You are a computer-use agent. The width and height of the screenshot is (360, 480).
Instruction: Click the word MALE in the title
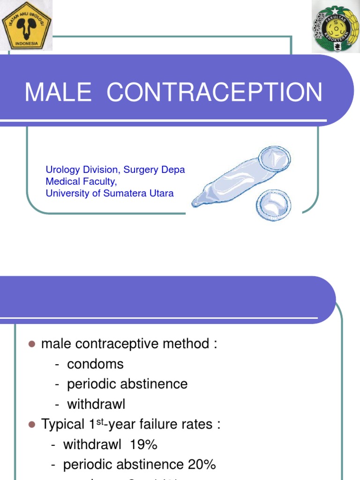tap(58, 92)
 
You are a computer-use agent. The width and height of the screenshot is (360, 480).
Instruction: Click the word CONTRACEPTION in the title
tap(215, 92)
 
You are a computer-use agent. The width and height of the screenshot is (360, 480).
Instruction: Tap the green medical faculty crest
tap(335, 27)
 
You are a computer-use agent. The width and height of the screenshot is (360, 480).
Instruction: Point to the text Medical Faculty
tap(81, 181)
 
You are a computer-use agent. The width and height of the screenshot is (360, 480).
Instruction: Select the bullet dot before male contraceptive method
tap(32, 344)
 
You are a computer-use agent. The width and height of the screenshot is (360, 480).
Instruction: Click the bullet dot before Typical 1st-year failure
tap(32, 425)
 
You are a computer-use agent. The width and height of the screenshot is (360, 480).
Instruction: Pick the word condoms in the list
tap(95, 364)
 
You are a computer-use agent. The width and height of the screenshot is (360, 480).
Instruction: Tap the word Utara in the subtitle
tap(161, 193)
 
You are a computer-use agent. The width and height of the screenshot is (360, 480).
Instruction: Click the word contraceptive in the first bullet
tap(123, 344)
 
